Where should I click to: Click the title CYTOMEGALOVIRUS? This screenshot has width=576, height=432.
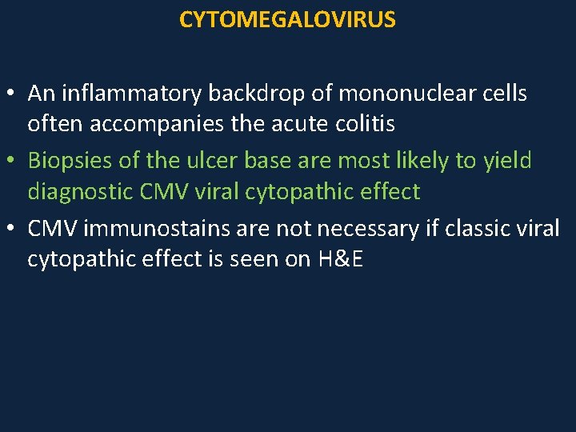point(287,20)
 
